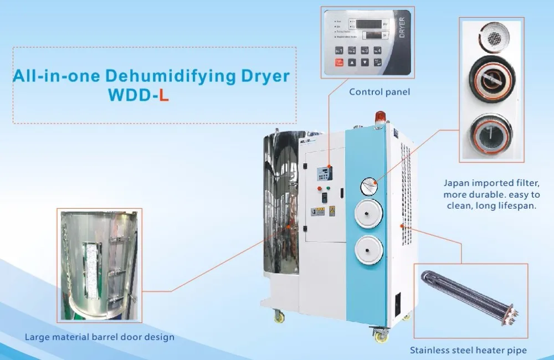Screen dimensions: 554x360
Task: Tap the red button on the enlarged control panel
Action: click(338, 63)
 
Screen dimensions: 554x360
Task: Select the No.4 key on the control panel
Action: click(377, 50)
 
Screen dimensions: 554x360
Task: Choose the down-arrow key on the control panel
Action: click(365, 63)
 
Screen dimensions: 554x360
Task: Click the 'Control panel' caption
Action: click(379, 92)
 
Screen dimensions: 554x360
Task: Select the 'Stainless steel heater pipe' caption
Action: click(468, 350)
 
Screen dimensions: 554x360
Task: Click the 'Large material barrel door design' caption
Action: click(100, 337)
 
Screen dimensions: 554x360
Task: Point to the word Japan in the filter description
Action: click(456, 182)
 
